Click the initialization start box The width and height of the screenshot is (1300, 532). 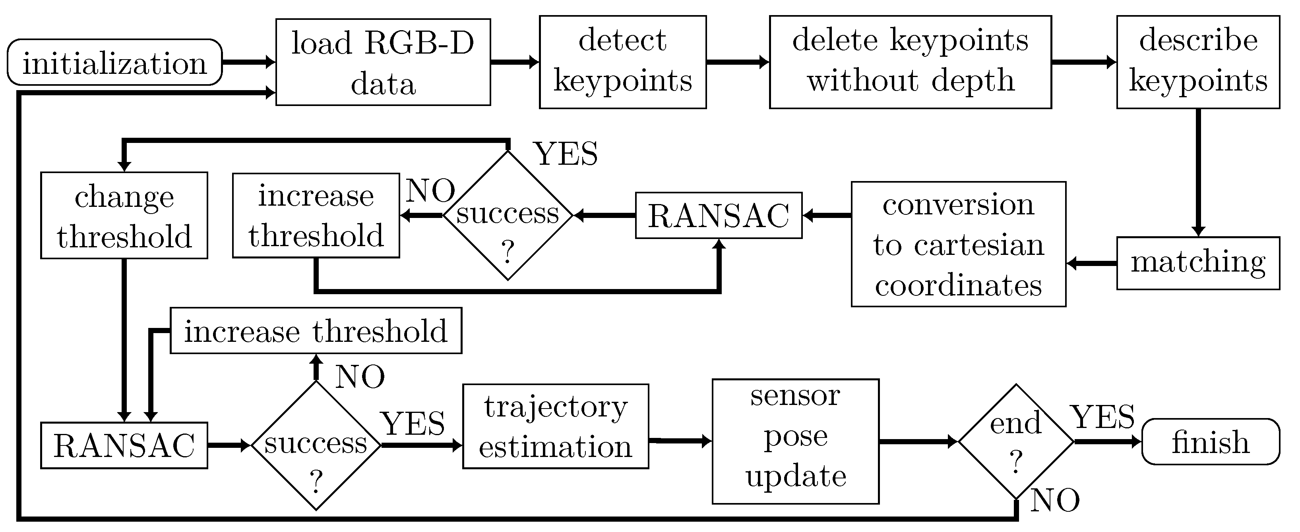[x=114, y=62]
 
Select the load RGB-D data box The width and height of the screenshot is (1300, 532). [x=383, y=62]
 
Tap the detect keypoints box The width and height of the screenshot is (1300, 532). [x=622, y=62]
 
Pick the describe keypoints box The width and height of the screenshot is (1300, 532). [x=1198, y=62]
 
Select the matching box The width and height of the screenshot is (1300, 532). [x=1198, y=263]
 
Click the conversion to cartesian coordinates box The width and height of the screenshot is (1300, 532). [x=958, y=244]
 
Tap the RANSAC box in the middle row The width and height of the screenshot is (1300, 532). [x=718, y=215]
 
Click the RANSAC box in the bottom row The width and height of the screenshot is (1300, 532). [x=124, y=445]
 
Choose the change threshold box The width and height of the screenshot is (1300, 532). [x=124, y=215]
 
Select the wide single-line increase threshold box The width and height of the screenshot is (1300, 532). [x=316, y=331]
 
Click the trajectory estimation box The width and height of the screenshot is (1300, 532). [x=555, y=427]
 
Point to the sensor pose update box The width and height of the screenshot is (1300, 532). [x=795, y=441]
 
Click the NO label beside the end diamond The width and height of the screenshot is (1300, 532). [x=1055, y=501]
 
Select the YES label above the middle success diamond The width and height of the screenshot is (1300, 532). [x=565, y=154]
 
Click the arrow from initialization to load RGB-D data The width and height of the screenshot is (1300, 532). [x=248, y=62]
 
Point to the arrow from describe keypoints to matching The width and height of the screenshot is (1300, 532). [x=1198, y=172]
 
